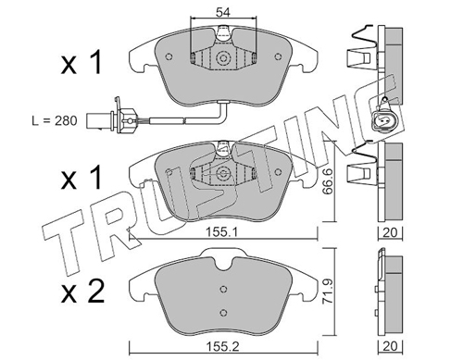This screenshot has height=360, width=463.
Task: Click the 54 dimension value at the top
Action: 223,12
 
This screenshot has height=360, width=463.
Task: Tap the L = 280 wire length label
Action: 55,120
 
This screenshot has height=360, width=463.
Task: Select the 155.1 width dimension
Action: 223,232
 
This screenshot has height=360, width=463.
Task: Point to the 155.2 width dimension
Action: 221,346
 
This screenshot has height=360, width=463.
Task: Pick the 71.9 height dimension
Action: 327,292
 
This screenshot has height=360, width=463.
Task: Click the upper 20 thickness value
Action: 390,232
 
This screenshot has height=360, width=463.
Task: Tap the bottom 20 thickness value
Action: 390,346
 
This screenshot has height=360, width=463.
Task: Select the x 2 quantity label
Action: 82,292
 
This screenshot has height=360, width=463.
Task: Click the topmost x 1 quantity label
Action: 81,62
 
